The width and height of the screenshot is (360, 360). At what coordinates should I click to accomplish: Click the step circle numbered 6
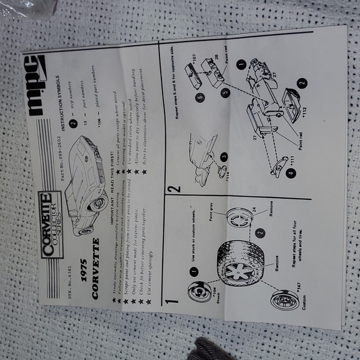point(199,98)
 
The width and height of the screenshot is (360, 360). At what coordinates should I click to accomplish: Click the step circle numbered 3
point(223,156)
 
